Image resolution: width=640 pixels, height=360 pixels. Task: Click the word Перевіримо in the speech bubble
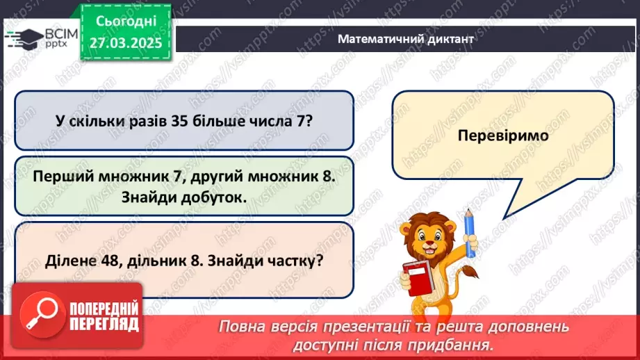click(503, 136)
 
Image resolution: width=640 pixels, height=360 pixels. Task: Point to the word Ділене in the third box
click(67, 262)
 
